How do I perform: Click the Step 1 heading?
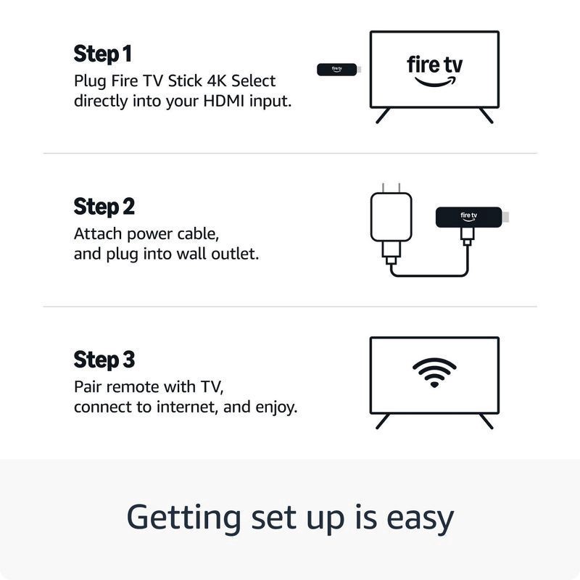102,54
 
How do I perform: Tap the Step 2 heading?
104,207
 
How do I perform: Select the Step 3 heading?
104,360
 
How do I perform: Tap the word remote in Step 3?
133,387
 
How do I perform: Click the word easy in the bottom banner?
420,518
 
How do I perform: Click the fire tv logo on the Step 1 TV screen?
434,71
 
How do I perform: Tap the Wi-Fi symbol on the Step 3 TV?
434,373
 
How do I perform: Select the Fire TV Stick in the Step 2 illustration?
472,217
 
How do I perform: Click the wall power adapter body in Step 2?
391,217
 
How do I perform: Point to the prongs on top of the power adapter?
391,188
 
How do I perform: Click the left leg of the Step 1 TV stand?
383,115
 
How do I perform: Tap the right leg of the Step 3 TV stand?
486,421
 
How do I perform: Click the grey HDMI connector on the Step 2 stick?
505,217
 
